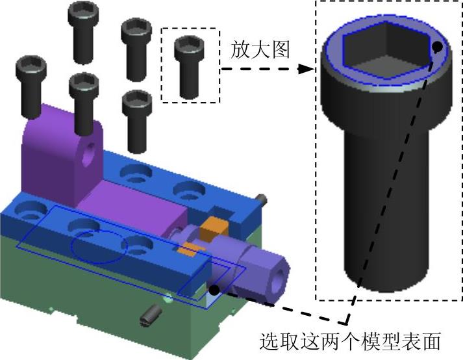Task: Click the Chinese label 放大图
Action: (x=260, y=49)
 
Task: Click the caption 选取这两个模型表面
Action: (x=350, y=341)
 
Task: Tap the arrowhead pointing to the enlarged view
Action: (x=306, y=70)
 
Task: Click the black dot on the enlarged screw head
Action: (x=437, y=46)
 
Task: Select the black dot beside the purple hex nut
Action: (x=214, y=290)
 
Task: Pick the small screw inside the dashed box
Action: (x=189, y=67)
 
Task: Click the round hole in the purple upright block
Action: (x=88, y=153)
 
